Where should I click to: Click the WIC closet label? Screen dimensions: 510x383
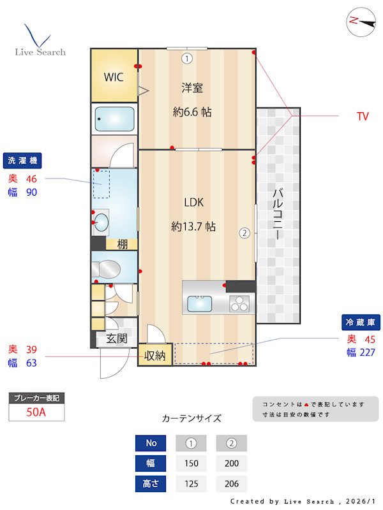(114, 77)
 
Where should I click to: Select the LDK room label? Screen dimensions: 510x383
(193, 203)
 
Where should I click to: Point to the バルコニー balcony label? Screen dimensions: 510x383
(278, 214)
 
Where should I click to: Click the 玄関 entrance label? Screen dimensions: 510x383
(116, 339)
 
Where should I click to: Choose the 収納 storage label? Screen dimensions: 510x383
(155, 356)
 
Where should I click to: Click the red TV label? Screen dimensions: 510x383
(363, 116)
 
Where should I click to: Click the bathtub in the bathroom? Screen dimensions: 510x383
(114, 119)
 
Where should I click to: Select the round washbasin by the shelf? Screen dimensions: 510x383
(101, 222)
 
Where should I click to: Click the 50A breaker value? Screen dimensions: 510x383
(36, 412)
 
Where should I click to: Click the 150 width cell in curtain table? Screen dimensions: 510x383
(191, 463)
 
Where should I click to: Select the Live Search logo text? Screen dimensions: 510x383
(40, 52)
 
